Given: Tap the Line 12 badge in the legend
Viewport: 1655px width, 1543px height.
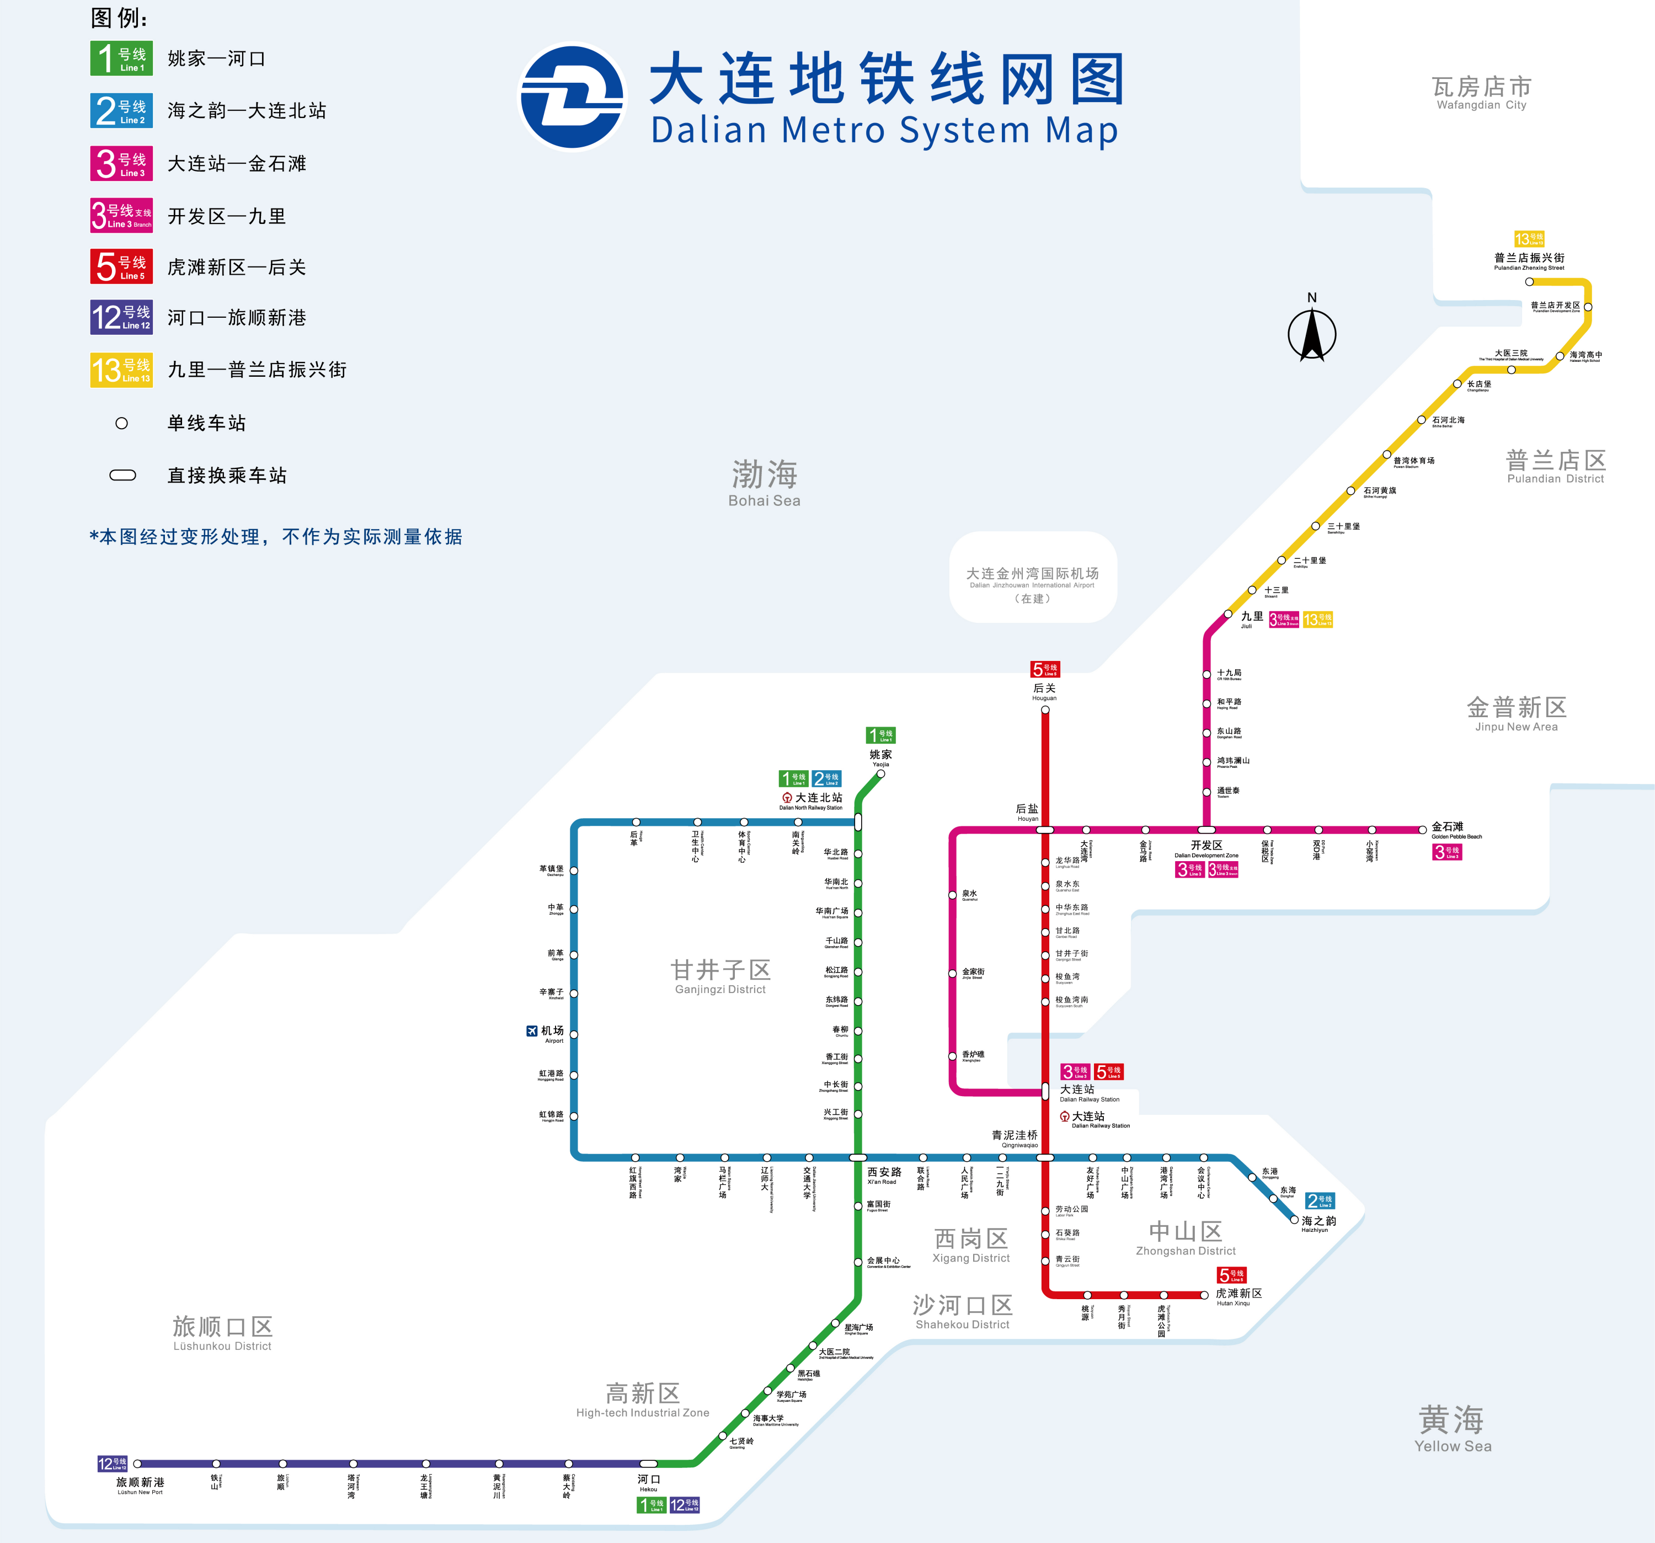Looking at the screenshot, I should coord(121,317).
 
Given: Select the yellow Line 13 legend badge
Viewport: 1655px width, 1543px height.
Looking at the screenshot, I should coord(121,370).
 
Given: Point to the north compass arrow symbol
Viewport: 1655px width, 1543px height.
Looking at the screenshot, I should coord(1312,333).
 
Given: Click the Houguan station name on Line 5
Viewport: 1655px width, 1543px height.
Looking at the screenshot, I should coord(1044,691).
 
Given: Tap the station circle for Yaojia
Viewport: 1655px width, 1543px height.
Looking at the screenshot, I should coord(881,773).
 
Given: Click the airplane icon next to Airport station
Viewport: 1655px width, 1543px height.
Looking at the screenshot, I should coord(532,1031).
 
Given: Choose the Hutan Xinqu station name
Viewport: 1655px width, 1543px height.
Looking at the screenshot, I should coord(1238,1296).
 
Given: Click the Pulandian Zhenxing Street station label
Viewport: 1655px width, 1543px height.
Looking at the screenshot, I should coord(1529,260).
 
